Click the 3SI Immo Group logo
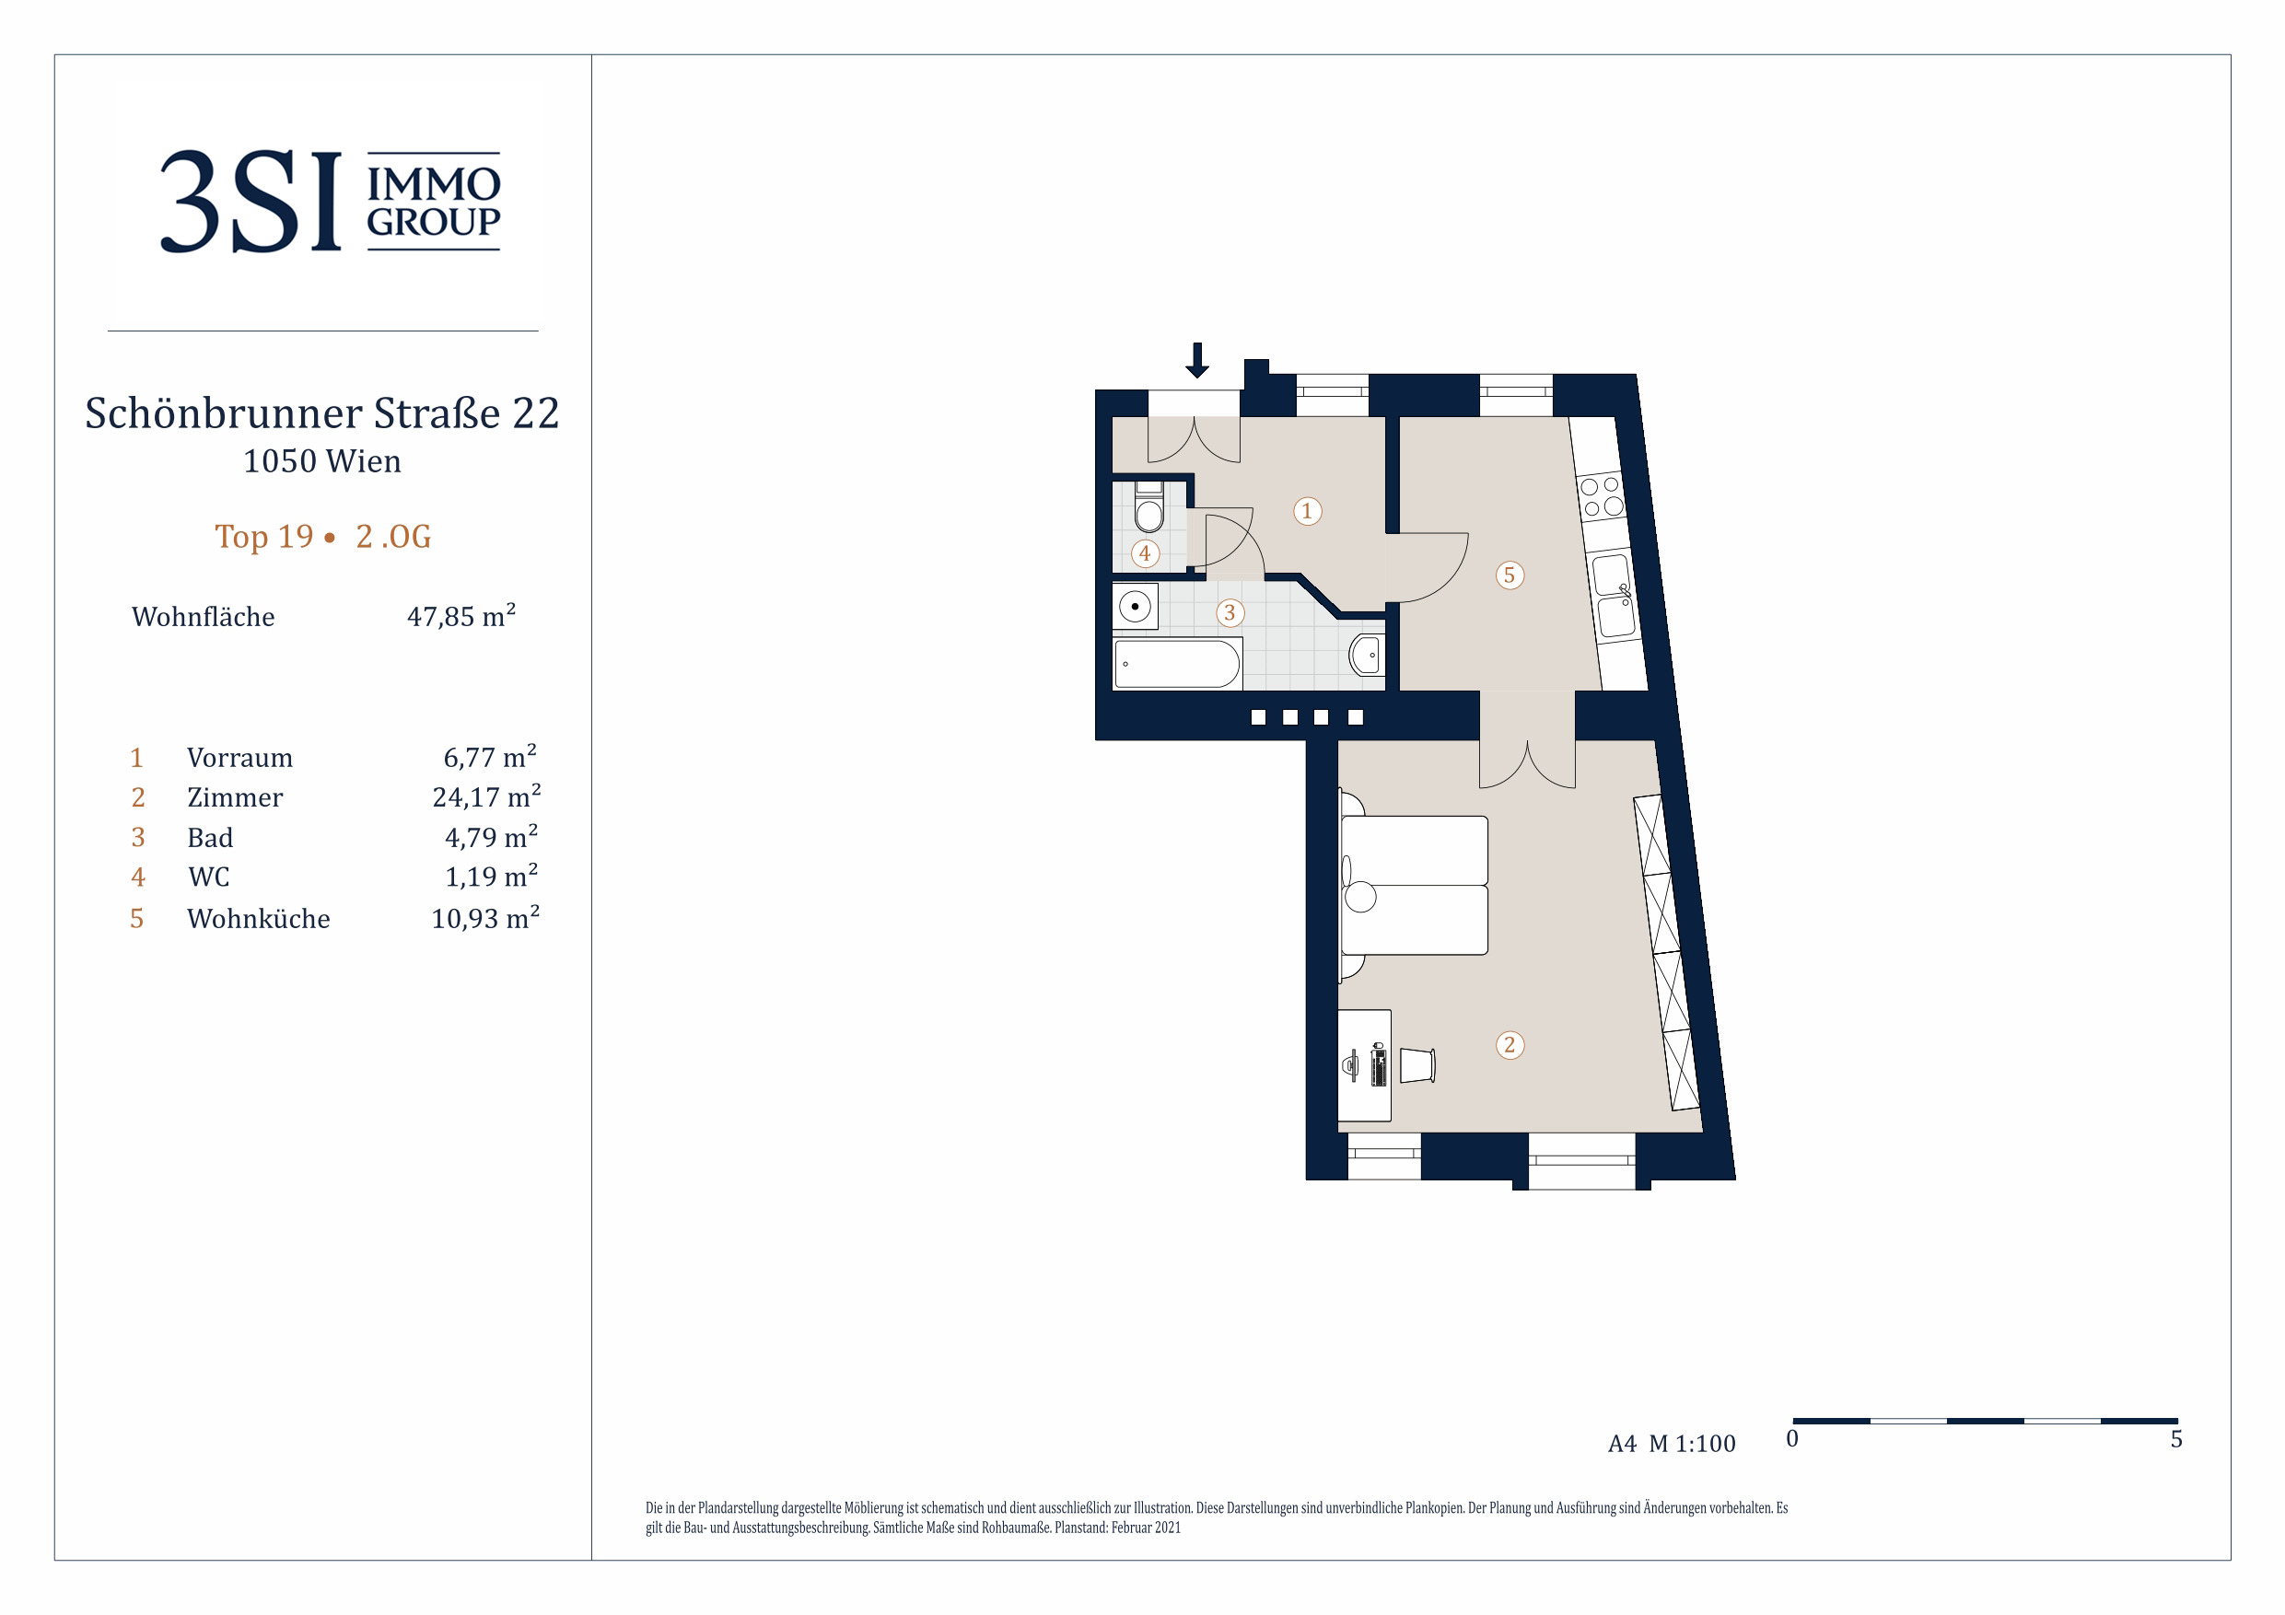(331, 201)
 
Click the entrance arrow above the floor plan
(1197, 360)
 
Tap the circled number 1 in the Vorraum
(1308, 511)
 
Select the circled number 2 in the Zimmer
(1510, 1045)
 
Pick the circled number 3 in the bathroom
(1230, 613)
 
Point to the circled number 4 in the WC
(1146, 553)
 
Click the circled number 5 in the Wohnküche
(1510, 575)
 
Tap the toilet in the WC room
(1149, 506)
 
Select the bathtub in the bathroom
(1177, 664)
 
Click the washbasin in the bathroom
(1367, 656)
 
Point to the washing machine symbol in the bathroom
(1136, 606)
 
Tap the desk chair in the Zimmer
(1417, 1064)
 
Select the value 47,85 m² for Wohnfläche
(461, 616)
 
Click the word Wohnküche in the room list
(259, 918)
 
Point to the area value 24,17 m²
(486, 797)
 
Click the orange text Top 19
(264, 537)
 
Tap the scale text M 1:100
(1692, 1444)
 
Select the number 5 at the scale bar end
(2176, 1440)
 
